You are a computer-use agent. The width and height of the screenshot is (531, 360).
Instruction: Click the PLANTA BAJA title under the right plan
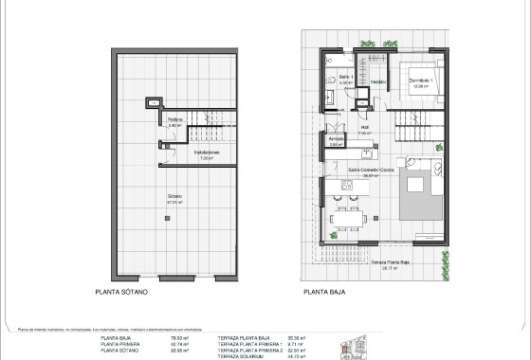coord(324,294)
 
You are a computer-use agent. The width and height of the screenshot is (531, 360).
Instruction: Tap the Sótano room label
coord(174,198)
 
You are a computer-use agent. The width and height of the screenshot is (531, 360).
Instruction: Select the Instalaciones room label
coord(207,153)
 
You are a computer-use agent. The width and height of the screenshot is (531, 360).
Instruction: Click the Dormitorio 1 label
coord(420,81)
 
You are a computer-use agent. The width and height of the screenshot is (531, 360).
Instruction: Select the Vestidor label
coord(377,81)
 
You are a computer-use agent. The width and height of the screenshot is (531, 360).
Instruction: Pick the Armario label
coord(337,142)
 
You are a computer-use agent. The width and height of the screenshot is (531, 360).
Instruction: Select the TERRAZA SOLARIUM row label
coord(240,355)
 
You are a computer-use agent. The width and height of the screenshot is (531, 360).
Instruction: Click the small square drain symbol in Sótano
coord(168,218)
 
